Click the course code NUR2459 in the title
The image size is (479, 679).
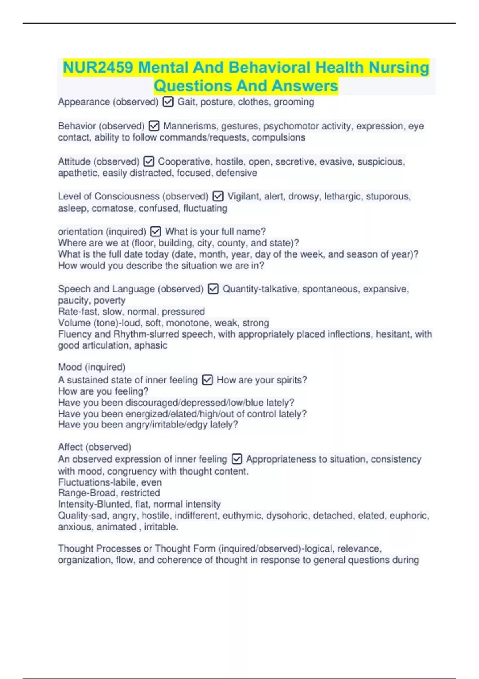(98, 68)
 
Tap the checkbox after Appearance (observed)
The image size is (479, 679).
(168, 102)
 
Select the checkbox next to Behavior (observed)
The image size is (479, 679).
(154, 126)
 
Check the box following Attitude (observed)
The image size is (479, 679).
(149, 161)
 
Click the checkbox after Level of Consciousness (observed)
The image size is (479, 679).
(218, 196)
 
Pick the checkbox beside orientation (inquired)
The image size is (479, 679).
(156, 232)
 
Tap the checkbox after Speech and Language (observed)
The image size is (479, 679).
(213, 289)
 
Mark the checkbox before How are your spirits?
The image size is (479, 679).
(207, 380)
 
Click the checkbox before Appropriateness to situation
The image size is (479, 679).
(237, 459)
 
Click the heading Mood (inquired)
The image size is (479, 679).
(92, 367)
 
